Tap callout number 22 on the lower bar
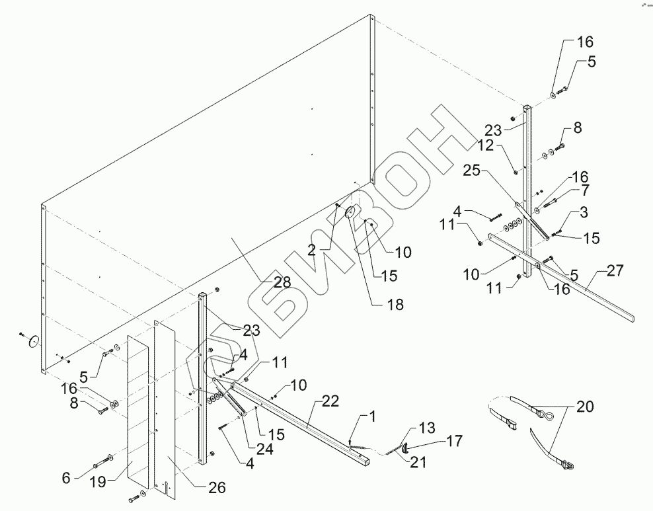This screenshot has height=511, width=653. [331, 401]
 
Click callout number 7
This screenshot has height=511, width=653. [584, 190]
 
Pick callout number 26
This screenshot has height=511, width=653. [216, 488]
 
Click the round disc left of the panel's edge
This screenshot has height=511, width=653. [31, 341]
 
